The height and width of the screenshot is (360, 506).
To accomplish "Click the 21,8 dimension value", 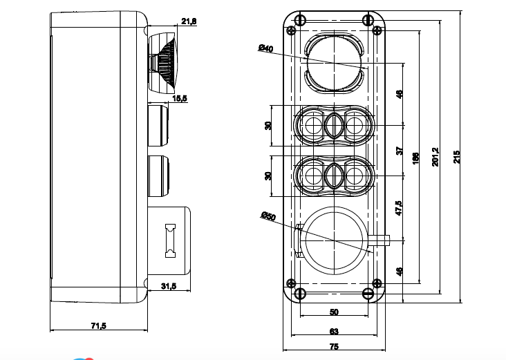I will tap(189, 22).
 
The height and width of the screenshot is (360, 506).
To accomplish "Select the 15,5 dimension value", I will tap(180, 99).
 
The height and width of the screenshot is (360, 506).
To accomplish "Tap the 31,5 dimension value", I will tap(169, 286).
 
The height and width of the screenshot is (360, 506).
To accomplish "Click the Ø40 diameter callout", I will tap(266, 48).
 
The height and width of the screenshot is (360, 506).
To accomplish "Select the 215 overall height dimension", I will tap(457, 157).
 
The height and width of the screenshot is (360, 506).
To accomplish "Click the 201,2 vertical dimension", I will tap(435, 157).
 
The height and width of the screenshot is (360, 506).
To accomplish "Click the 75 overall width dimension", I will tap(334, 348).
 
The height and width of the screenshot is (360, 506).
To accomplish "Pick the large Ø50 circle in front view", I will tap(334, 240).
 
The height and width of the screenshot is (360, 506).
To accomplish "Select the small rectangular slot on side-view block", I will tap(169, 240).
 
